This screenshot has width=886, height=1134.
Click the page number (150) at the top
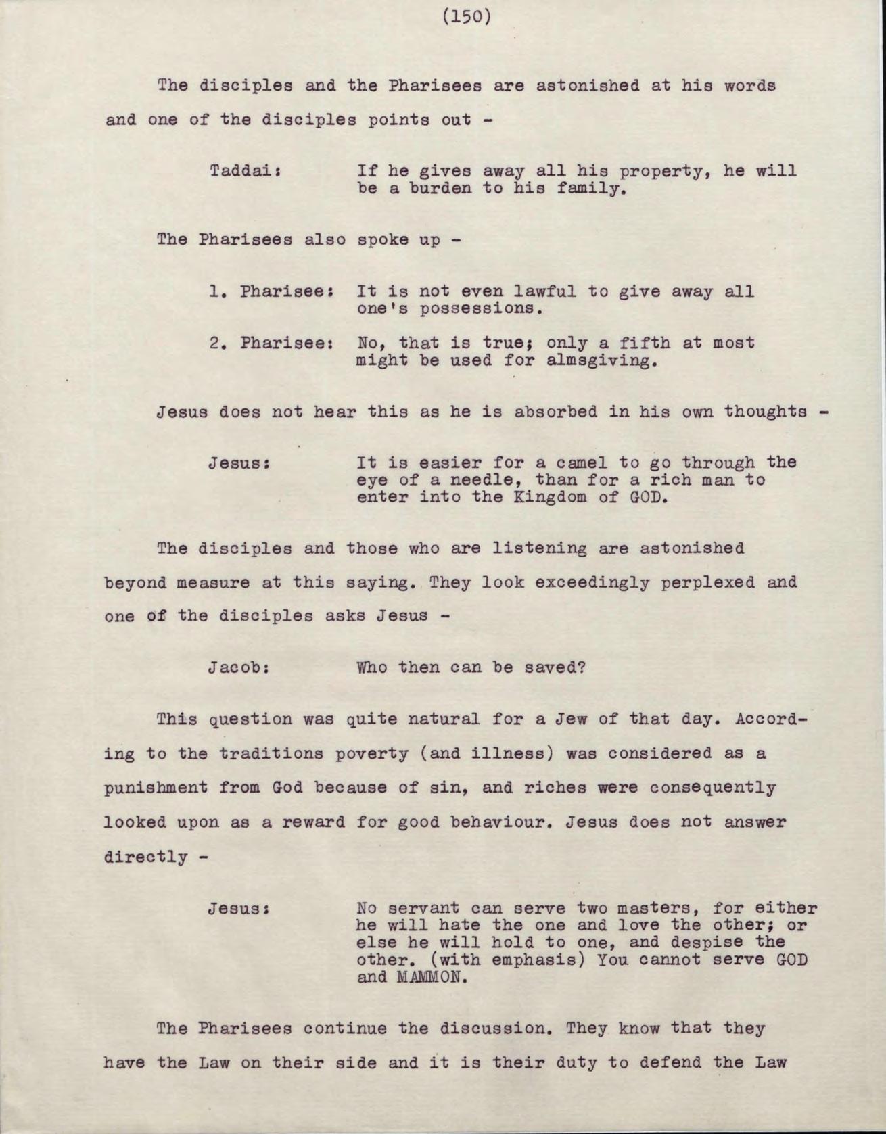[466, 16]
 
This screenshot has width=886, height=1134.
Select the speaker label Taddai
[244, 171]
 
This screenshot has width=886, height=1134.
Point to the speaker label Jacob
[239, 668]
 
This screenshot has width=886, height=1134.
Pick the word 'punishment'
[156, 788]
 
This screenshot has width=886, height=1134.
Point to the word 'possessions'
[480, 309]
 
